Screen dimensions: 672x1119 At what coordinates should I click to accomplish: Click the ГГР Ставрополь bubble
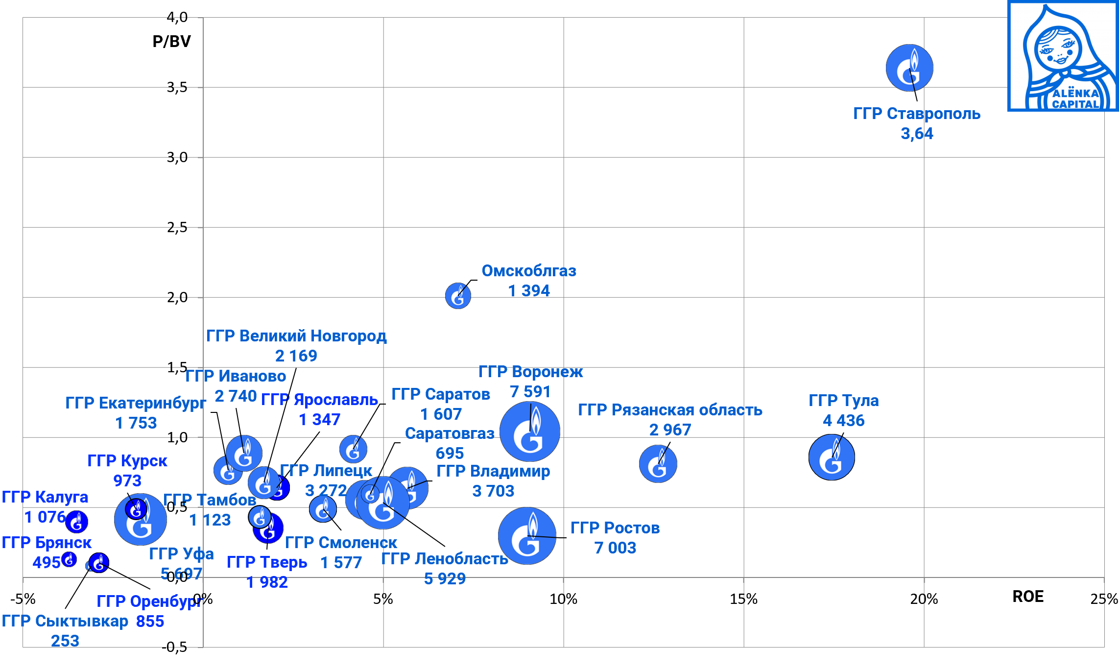(909, 68)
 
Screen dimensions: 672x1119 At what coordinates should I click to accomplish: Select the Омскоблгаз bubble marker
(458, 296)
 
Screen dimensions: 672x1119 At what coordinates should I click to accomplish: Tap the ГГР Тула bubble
(832, 457)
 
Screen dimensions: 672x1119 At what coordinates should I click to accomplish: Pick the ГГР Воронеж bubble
(530, 432)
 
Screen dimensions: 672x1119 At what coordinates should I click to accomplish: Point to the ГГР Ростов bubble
(527, 536)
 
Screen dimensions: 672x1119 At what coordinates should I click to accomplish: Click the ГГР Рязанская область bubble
(658, 464)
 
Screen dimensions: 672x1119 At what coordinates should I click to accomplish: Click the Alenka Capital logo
(1062, 56)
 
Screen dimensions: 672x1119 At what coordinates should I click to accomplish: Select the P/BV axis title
(171, 42)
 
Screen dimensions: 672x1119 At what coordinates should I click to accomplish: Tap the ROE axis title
(1027, 597)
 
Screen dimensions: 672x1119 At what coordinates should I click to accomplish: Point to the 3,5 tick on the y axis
(177, 88)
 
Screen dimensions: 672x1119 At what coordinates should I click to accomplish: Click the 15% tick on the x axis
(743, 599)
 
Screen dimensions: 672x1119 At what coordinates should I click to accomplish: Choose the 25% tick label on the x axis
(1104, 599)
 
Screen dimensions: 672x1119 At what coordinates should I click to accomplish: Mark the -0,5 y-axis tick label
(175, 647)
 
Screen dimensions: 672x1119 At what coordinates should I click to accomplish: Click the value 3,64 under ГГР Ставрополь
(917, 134)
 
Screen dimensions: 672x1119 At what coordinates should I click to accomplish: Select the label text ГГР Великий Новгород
(296, 336)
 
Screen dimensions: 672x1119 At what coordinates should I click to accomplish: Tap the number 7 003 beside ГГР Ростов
(615, 548)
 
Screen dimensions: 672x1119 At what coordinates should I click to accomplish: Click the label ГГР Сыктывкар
(65, 621)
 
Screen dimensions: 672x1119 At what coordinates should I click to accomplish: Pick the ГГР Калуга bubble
(76, 522)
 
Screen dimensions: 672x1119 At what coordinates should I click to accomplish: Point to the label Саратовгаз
(449, 433)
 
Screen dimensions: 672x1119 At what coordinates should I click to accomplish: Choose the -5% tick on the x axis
(23, 599)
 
